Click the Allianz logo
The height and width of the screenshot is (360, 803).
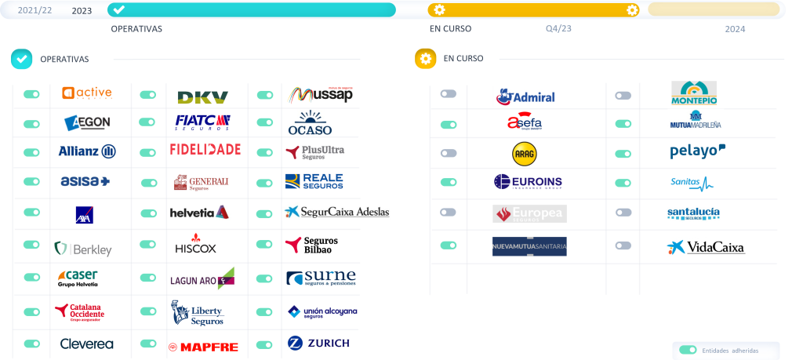point(87,151)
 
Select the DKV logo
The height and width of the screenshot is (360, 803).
point(202,97)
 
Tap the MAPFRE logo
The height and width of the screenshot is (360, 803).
point(203,347)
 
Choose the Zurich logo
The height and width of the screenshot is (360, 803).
point(318,343)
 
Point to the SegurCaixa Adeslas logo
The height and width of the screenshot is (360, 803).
point(336,212)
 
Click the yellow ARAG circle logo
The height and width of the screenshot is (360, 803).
point(524,154)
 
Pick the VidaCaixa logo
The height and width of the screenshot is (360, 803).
point(707,247)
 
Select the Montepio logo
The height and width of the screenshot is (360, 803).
point(693,93)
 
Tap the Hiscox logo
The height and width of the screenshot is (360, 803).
point(195,243)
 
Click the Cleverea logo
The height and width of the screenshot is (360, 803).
point(88,344)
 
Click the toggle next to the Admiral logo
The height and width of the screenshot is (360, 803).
point(448,94)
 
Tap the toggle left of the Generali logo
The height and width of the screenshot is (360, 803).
point(148,183)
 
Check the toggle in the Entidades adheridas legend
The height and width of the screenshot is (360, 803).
point(688,350)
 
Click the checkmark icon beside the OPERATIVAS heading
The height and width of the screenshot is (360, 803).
point(21,59)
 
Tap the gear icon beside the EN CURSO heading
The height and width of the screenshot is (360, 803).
point(426,59)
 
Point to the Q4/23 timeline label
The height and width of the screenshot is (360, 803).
point(558,29)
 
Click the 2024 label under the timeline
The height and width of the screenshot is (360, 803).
point(735,29)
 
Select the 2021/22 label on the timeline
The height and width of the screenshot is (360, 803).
point(35,10)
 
